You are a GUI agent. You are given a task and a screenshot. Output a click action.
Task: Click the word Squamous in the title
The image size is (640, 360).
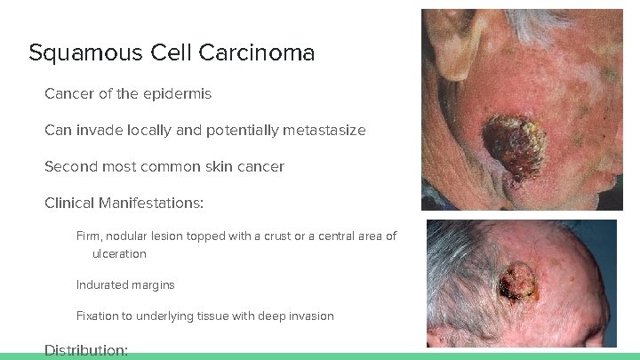coord(69,54)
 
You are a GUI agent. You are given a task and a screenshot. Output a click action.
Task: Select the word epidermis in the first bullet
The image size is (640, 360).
coord(179,93)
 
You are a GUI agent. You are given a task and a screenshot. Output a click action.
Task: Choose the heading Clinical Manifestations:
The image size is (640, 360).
coord(124,204)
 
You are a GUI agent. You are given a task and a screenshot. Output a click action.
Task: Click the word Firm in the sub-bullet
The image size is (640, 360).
coord(88,236)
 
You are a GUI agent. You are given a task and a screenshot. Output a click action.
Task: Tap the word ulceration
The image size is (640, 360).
coord(119,254)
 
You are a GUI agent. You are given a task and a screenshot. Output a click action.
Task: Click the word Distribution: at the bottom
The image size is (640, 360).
coord(86,351)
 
